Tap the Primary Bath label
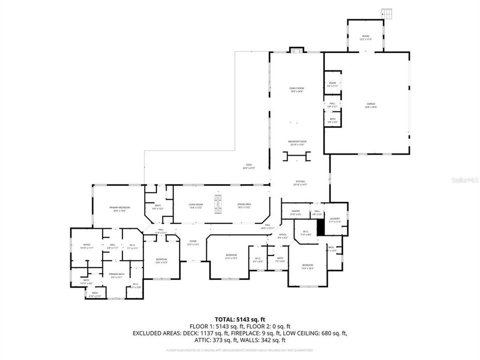click(116, 275)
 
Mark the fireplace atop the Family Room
click(296, 49)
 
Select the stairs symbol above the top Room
click(385, 12)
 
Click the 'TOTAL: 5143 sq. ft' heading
click(239, 318)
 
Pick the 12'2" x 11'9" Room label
click(366, 37)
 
